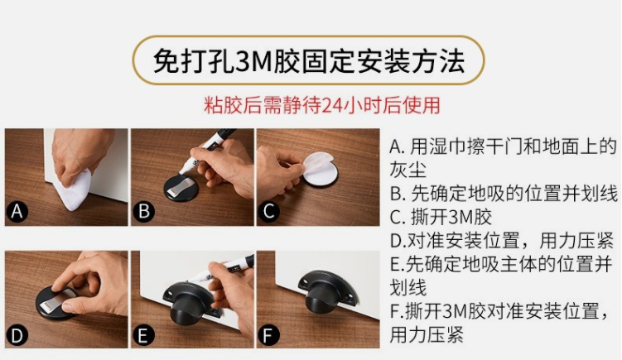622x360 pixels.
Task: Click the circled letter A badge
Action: tap(17, 211)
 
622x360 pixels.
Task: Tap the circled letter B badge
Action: tap(143, 211)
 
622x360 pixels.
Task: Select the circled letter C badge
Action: tap(269, 211)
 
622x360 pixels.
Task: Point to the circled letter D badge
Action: tap(17, 335)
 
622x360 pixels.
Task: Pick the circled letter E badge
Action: tap(143, 335)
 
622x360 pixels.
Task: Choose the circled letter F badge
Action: tap(269, 335)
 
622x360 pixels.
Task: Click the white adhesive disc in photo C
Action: tap(321, 170)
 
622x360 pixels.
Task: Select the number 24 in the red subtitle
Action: tap(331, 105)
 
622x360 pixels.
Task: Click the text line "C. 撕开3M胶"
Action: tap(441, 217)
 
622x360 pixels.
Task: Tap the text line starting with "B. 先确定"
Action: tap(504, 194)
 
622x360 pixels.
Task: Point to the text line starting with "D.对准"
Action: tap(502, 240)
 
